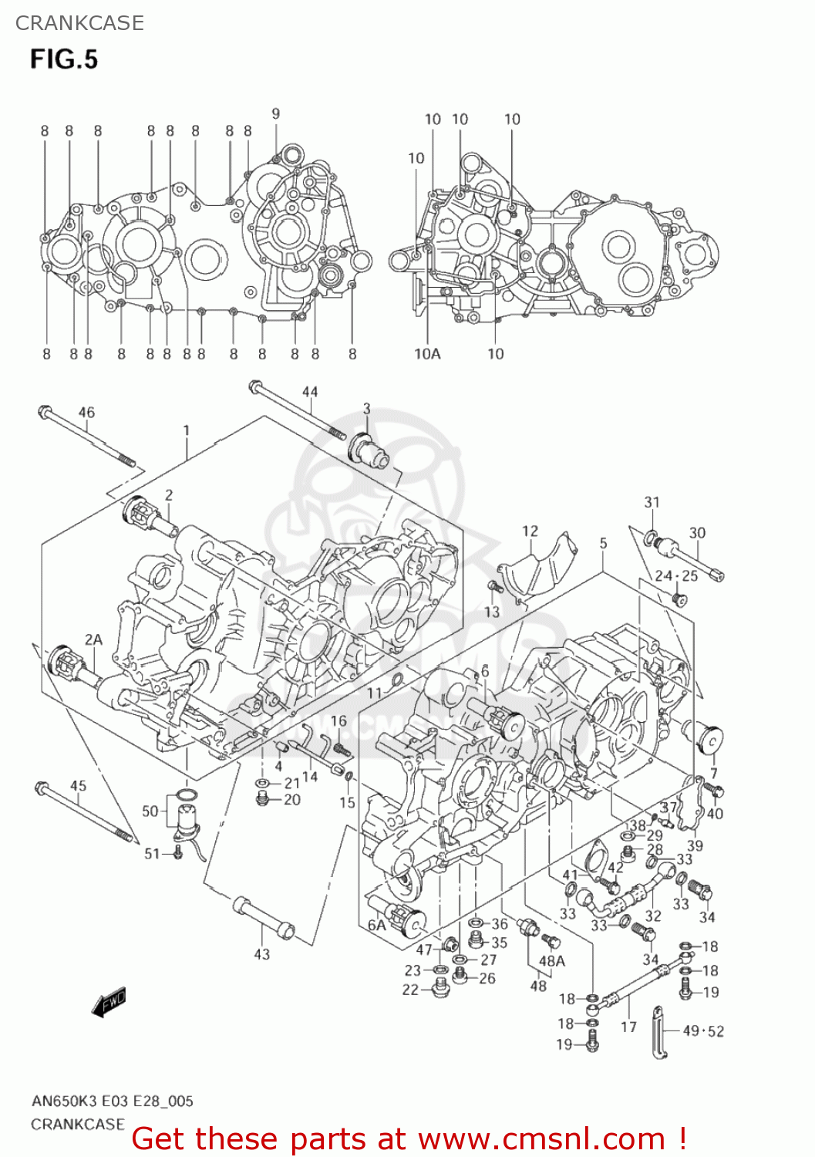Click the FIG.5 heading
pos(64,59)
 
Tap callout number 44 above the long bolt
pos(309,392)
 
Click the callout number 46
pos(86,413)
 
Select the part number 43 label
pos(262,954)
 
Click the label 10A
pos(427,353)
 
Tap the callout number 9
pos(275,114)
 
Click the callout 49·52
pos(703,1031)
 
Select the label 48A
pos(552,961)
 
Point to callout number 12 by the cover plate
pos(530,531)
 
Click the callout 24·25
pos(676,575)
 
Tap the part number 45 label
pos(78,786)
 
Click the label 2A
pos(93,639)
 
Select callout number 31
pos(652,502)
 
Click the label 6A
pos(376,925)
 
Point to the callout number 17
pos(629,1027)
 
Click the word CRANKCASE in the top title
pos(79,23)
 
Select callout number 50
pos(150,811)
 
